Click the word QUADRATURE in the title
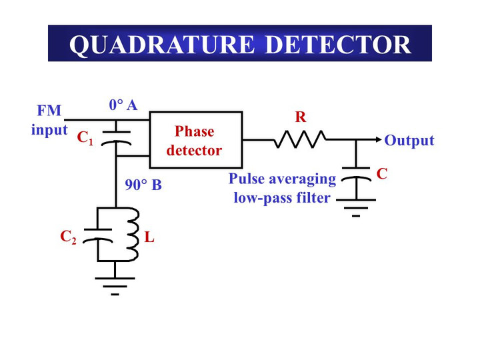point(163,44)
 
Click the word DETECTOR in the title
point(338,44)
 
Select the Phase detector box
point(195,140)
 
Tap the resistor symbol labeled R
point(300,139)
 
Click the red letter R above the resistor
point(301,118)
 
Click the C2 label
point(68,237)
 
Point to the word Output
point(409,141)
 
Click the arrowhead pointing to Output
point(379,140)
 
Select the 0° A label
point(123,105)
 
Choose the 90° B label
point(143,185)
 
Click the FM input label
point(49,120)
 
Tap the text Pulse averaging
point(282,179)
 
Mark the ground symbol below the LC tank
point(115,283)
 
